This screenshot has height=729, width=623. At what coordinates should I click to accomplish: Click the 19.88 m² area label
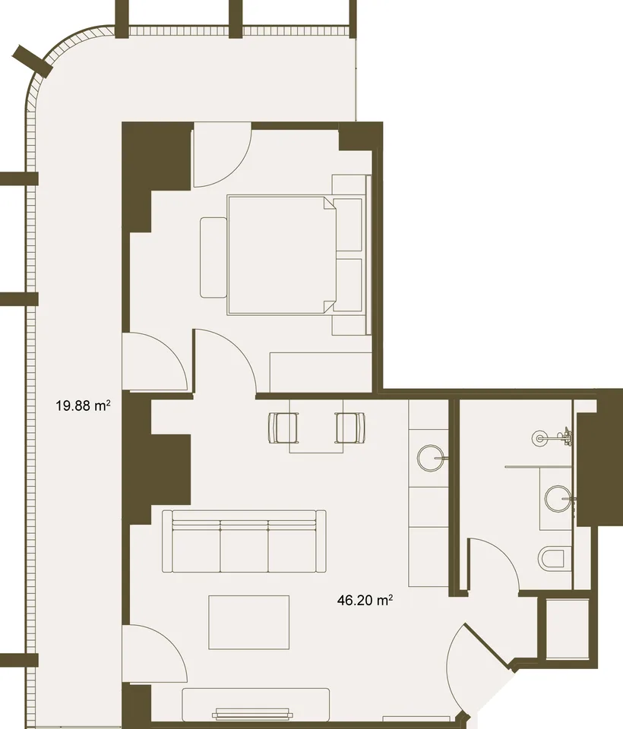(x=83, y=406)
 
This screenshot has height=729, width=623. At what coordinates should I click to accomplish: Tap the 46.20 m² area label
(x=365, y=600)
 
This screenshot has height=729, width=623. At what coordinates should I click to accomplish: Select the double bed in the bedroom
(x=282, y=255)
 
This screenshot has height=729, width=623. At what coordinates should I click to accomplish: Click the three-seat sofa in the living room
(x=244, y=541)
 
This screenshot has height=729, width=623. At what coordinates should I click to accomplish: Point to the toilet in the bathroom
(x=552, y=557)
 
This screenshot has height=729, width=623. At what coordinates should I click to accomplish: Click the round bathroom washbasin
(x=558, y=499)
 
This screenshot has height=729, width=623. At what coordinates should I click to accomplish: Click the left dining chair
(x=283, y=428)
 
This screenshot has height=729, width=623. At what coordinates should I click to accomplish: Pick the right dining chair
(x=350, y=428)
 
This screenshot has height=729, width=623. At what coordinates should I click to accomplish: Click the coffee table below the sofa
(x=249, y=622)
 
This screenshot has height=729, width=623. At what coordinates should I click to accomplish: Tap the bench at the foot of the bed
(x=213, y=257)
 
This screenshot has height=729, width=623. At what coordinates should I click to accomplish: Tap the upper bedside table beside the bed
(x=349, y=225)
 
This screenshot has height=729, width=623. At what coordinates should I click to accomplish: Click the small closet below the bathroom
(x=567, y=628)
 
